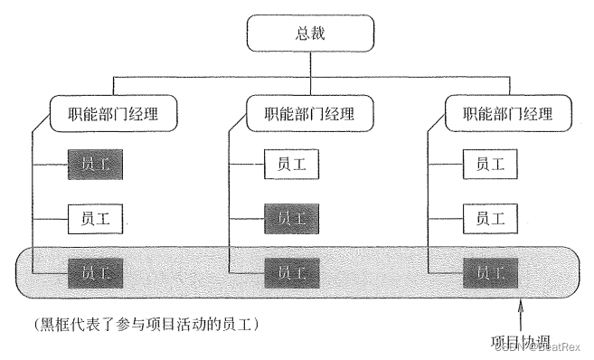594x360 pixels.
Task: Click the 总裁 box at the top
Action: coord(310,35)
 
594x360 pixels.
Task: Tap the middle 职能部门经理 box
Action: coord(311,115)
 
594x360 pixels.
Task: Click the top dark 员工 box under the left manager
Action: coord(95,165)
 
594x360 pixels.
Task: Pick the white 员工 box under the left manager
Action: coord(95,217)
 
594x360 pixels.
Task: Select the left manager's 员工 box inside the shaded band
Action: coord(95,270)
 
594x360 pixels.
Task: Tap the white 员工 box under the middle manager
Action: coord(291,165)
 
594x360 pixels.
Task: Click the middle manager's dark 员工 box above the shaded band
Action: coord(291,217)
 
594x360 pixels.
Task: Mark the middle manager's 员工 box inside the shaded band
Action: coord(291,270)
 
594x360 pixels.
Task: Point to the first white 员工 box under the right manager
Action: coord(489,165)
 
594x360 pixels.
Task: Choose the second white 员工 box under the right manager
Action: coord(489,217)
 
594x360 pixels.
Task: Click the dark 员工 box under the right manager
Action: coord(489,270)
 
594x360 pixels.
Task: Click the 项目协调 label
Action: coord(521,343)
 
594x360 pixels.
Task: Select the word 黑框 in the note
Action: coord(47,323)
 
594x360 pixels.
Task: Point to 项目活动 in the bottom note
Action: coord(180,323)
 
